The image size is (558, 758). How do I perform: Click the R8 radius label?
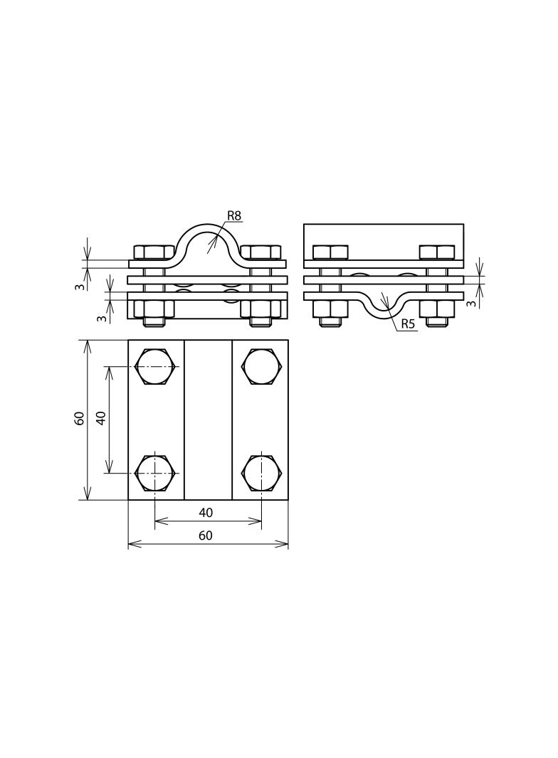pyautogui.click(x=234, y=215)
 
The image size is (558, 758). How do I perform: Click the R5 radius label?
pyautogui.click(x=408, y=324)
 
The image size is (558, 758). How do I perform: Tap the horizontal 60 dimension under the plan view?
pyautogui.click(x=206, y=535)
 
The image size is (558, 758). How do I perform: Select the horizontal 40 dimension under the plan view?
pyautogui.click(x=206, y=512)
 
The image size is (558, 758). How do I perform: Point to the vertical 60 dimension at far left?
pyautogui.click(x=80, y=418)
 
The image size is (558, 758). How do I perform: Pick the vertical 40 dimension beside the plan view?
pyautogui.click(x=101, y=418)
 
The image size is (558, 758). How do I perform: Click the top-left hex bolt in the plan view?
pyautogui.click(x=155, y=367)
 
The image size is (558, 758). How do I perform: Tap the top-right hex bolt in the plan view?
pyautogui.click(x=261, y=367)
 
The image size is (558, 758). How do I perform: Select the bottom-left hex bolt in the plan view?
pyautogui.click(x=155, y=474)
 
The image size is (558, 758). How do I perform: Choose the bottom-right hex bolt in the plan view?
pyautogui.click(x=261, y=474)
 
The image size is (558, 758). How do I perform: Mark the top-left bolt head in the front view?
pyautogui.click(x=154, y=252)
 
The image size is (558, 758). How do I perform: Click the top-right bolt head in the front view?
pyautogui.click(x=260, y=252)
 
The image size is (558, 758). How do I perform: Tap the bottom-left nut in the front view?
pyautogui.click(x=154, y=309)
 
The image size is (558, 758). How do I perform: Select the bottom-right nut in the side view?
pyautogui.click(x=437, y=309)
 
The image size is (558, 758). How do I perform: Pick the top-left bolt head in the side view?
pyautogui.click(x=330, y=252)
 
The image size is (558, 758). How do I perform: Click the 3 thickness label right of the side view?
pyautogui.click(x=471, y=303)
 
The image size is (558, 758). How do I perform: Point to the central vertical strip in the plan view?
pyautogui.click(x=208, y=420)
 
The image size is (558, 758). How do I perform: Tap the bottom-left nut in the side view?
pyautogui.click(x=330, y=309)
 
